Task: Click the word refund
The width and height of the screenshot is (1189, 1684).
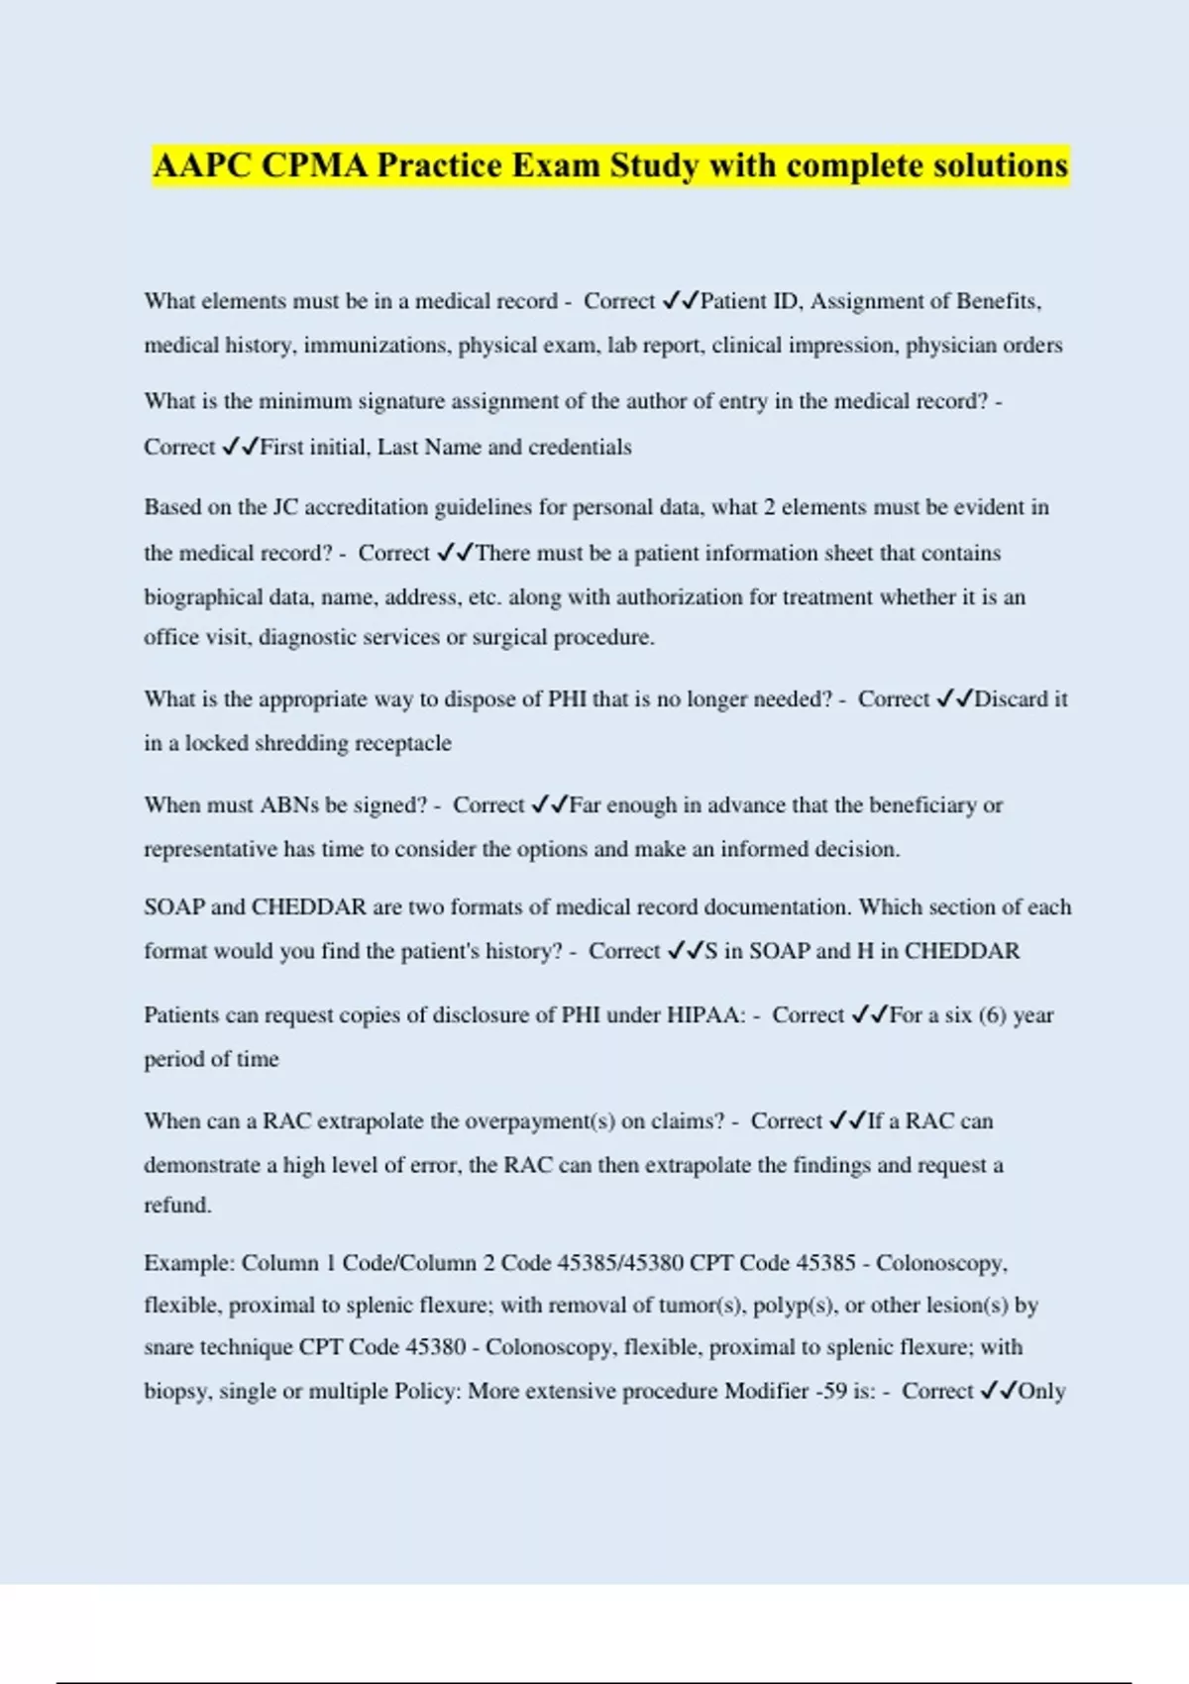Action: (x=177, y=1206)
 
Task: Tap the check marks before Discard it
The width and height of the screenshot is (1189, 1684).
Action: (x=954, y=699)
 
